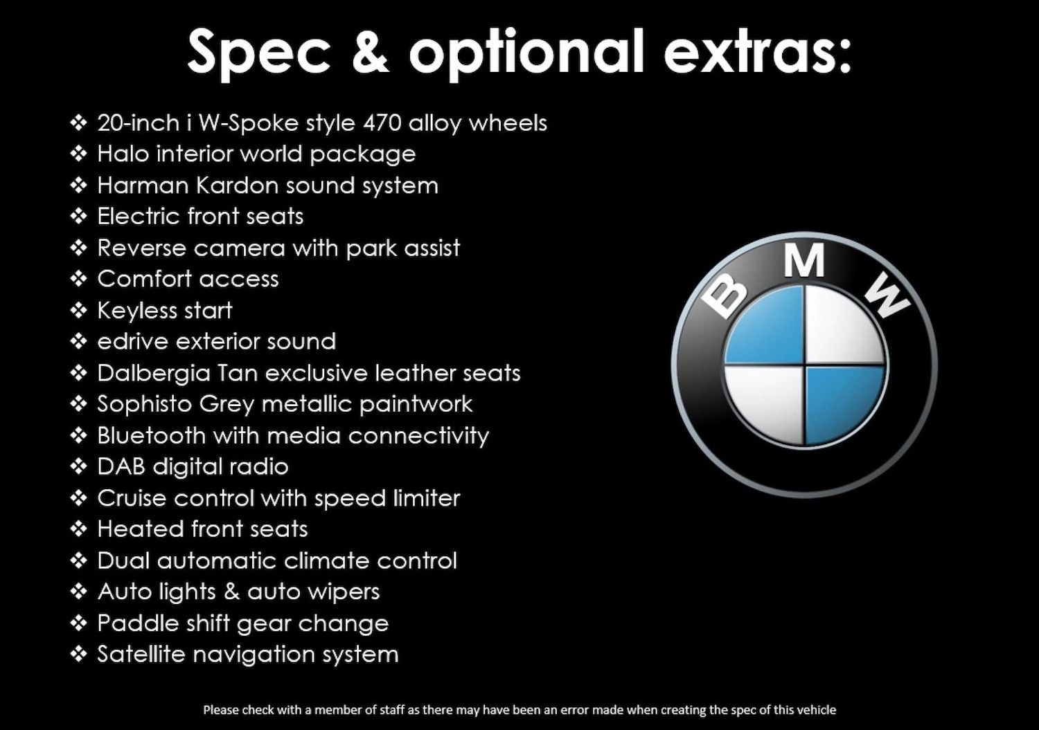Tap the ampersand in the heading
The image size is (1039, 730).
tap(370, 51)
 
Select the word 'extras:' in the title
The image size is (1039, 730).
tap(757, 53)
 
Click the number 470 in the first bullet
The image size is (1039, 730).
tap(382, 123)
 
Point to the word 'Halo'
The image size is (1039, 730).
tap(123, 154)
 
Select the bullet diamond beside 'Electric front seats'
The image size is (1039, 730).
tap(78, 217)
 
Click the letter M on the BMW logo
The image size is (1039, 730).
tap(804, 260)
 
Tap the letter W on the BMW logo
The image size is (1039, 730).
tap(887, 295)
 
